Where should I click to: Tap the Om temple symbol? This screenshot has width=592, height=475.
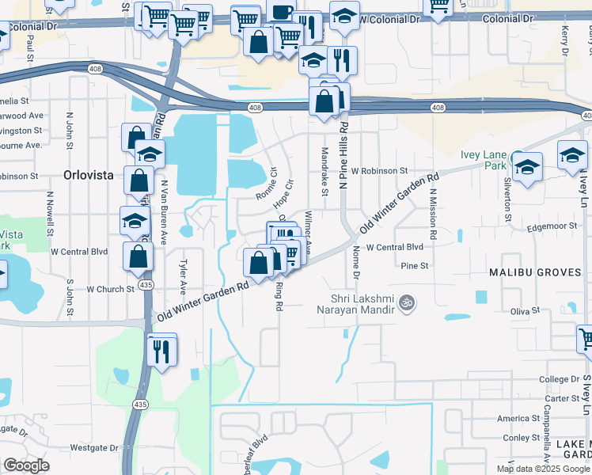click(x=408, y=302)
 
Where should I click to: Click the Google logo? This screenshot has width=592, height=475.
click(x=26, y=465)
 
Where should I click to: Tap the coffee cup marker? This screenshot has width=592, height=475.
click(x=281, y=11)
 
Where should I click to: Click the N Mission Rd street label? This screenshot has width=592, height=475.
click(x=433, y=214)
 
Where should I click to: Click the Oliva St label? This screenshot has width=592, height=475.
click(x=524, y=311)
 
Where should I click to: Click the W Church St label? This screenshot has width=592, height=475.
click(x=110, y=289)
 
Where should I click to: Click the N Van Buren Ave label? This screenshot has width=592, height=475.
click(x=165, y=211)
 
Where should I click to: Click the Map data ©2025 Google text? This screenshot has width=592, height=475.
click(x=543, y=468)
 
